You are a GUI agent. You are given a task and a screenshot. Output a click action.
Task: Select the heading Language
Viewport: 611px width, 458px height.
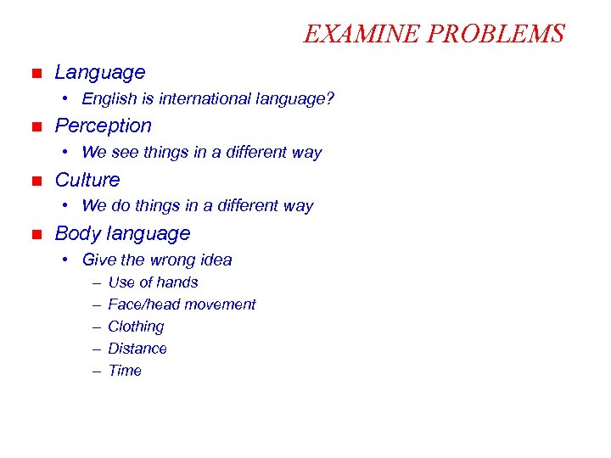[100, 73]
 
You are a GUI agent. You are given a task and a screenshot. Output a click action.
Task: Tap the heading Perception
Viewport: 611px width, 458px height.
[104, 126]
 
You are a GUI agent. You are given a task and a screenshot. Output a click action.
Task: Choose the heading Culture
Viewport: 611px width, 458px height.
[87, 180]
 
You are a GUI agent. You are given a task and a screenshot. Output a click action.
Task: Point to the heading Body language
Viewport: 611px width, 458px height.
[122, 233]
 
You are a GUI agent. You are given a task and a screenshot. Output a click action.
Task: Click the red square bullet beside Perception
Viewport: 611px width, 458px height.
[36, 127]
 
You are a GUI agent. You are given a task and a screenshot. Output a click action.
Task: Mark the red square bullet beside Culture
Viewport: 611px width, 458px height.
[36, 181]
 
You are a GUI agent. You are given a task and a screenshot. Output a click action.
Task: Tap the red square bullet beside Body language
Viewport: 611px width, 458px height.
[36, 234]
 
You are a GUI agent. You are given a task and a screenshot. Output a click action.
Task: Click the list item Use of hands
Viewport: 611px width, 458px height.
[153, 282]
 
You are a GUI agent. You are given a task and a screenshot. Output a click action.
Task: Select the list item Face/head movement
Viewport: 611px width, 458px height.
[182, 304]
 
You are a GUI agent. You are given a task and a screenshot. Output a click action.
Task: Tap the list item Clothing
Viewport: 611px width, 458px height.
[136, 327]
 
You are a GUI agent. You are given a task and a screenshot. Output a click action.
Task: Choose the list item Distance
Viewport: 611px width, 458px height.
[137, 349]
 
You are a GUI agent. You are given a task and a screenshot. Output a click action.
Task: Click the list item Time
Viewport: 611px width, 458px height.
[125, 371]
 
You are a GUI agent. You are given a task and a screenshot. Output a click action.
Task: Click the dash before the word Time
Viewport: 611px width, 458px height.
[98, 371]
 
